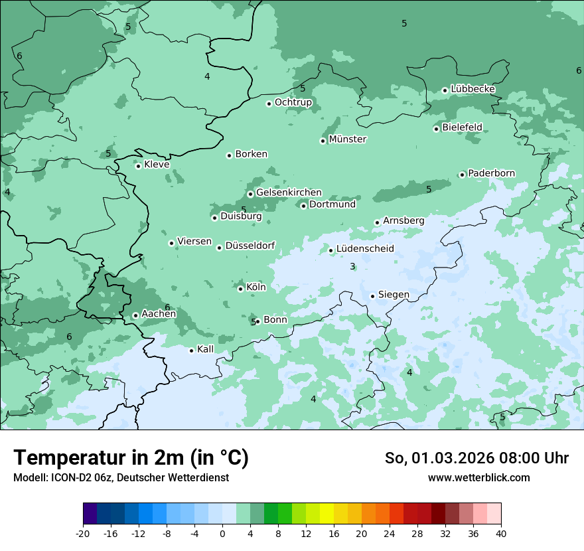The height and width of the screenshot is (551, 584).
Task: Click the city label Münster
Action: tap(348, 139)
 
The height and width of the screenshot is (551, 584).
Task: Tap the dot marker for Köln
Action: tap(240, 288)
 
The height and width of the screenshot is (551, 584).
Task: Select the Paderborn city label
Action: tap(491, 173)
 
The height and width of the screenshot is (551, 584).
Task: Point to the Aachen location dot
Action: tap(135, 315)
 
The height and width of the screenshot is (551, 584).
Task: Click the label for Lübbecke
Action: tap(473, 89)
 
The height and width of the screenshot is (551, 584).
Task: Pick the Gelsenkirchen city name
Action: tap(289, 193)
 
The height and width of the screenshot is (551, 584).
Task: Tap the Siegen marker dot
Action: tap(372, 296)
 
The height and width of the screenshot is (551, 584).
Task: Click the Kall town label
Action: tap(206, 349)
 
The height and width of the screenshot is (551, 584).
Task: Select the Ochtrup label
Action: tap(293, 102)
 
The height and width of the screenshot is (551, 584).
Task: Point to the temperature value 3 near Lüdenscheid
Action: tap(352, 266)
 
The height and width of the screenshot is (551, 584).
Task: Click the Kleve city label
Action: tap(157, 165)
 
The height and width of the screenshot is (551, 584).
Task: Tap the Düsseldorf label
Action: tap(250, 246)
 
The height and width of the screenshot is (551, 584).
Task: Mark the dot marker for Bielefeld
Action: tap(436, 129)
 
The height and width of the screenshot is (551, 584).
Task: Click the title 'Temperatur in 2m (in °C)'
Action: tap(131, 458)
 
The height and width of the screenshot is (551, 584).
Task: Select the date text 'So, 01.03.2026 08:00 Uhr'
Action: tap(476, 458)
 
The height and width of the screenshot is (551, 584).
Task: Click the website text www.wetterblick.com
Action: tap(478, 477)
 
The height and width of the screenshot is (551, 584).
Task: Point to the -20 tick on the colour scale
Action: tap(83, 533)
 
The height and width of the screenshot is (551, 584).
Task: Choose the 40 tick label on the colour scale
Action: tap(501, 533)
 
